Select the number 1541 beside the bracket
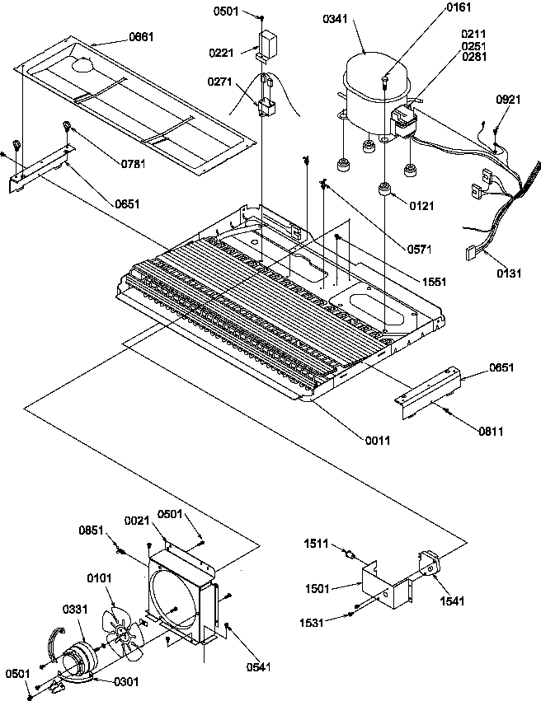pyautogui.click(x=452, y=601)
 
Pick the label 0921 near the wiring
pyautogui.click(x=508, y=100)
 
